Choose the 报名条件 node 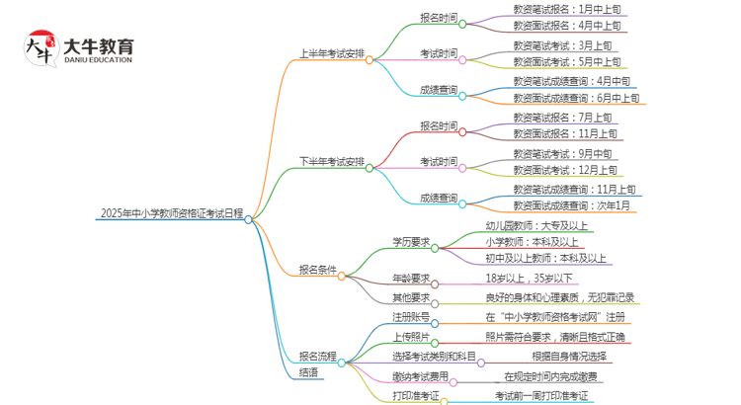tap(317, 269)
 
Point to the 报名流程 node tap(317, 356)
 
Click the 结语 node tap(308, 372)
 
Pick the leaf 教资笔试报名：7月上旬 tap(564, 117)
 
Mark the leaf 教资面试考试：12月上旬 tap(565, 170)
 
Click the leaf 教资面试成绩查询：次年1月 tap(571, 204)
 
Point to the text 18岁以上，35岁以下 tap(529, 279)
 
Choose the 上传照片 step tap(410, 337)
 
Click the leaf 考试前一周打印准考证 tap(541, 396)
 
